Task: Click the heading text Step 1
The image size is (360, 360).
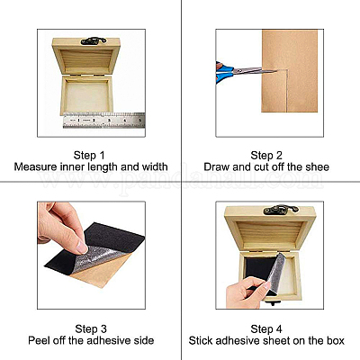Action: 89,156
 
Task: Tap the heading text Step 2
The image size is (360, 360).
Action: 266,156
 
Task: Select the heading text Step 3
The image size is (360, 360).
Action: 91,328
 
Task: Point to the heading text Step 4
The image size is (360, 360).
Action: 266,328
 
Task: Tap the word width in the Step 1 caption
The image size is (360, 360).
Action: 155,166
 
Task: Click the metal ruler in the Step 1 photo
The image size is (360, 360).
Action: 104,121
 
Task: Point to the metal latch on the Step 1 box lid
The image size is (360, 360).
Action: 94,40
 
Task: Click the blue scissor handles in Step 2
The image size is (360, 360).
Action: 223,73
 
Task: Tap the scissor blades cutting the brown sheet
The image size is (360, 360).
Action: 255,71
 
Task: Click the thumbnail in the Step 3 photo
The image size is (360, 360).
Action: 81,247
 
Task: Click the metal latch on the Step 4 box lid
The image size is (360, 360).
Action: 281,210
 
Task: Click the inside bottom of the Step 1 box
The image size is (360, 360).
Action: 87,96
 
